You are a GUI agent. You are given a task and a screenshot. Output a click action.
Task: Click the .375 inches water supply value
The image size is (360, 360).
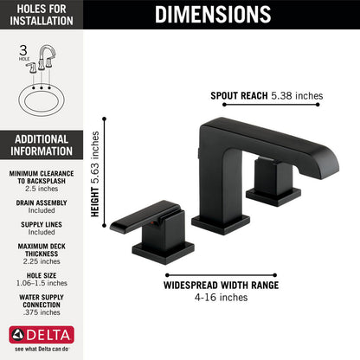pos(42,318)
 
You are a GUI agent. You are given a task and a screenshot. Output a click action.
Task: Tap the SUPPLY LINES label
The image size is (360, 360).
pos(42,223)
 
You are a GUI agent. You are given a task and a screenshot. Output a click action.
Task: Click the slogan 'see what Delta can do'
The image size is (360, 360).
pos(42,349)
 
